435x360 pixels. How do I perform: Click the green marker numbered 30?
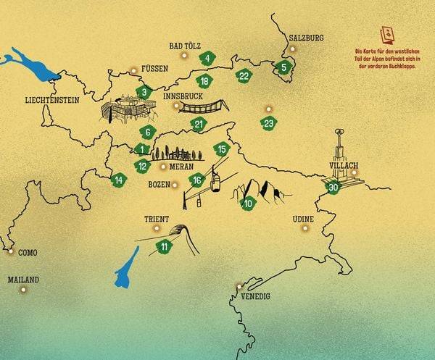(x=333, y=187)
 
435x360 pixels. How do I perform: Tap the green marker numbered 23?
(x=269, y=123)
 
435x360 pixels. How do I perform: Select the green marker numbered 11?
(x=165, y=247)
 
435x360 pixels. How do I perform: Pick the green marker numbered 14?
(x=119, y=179)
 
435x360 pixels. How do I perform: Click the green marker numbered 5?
(x=283, y=68)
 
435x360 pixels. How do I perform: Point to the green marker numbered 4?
(x=207, y=59)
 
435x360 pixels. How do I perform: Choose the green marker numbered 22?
(x=244, y=76)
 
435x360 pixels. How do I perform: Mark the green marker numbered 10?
(x=248, y=203)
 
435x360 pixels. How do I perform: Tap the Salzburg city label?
(x=306, y=38)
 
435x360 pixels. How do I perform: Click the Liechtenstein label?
(x=51, y=101)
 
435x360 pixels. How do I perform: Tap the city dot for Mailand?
(x=23, y=289)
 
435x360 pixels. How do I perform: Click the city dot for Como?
(x=11, y=251)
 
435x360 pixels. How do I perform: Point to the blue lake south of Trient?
(x=126, y=268)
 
